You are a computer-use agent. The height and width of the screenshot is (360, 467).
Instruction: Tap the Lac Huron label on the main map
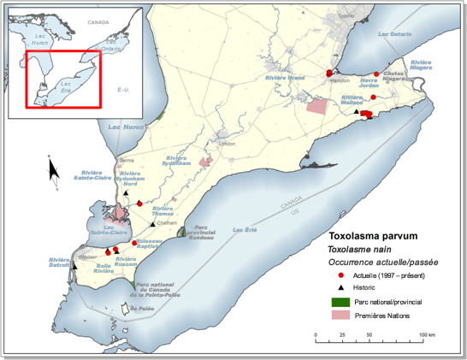pyautogui.click(x=121, y=127)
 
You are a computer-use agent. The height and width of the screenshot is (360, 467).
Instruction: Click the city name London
pyautogui.click(x=227, y=144)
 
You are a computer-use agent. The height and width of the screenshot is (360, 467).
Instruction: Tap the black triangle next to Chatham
pyautogui.click(x=152, y=224)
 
